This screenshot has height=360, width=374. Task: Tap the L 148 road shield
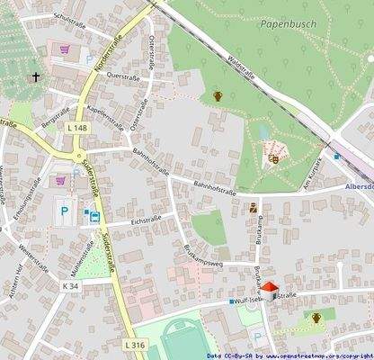point(76,128)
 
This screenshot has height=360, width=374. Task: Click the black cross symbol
point(37,77)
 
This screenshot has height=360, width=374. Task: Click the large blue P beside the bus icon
point(65,212)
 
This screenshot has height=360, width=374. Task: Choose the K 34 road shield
point(72,285)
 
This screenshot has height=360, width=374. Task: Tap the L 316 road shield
point(133,345)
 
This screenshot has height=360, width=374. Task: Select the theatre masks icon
point(273,158)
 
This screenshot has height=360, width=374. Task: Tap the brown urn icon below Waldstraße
point(217,94)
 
